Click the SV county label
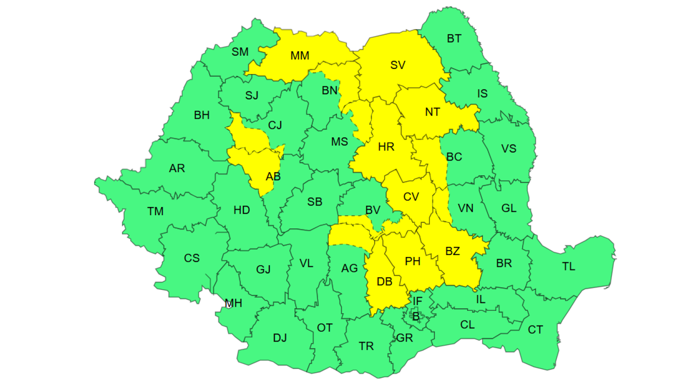[398, 65]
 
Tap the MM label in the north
[300, 56]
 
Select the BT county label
[454, 38]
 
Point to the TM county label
[155, 211]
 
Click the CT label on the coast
[535, 330]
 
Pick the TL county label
[568, 267]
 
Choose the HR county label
[386, 147]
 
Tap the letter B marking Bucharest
[416, 317]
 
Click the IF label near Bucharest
[417, 301]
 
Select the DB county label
[384, 282]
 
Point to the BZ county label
[453, 251]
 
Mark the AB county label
[273, 176]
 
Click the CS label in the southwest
[192, 258]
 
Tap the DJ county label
[280, 338]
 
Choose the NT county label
[432, 112]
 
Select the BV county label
[373, 210]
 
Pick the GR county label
[404, 338]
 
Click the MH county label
[233, 303]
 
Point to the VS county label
[508, 149]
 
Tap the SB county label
[315, 202]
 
